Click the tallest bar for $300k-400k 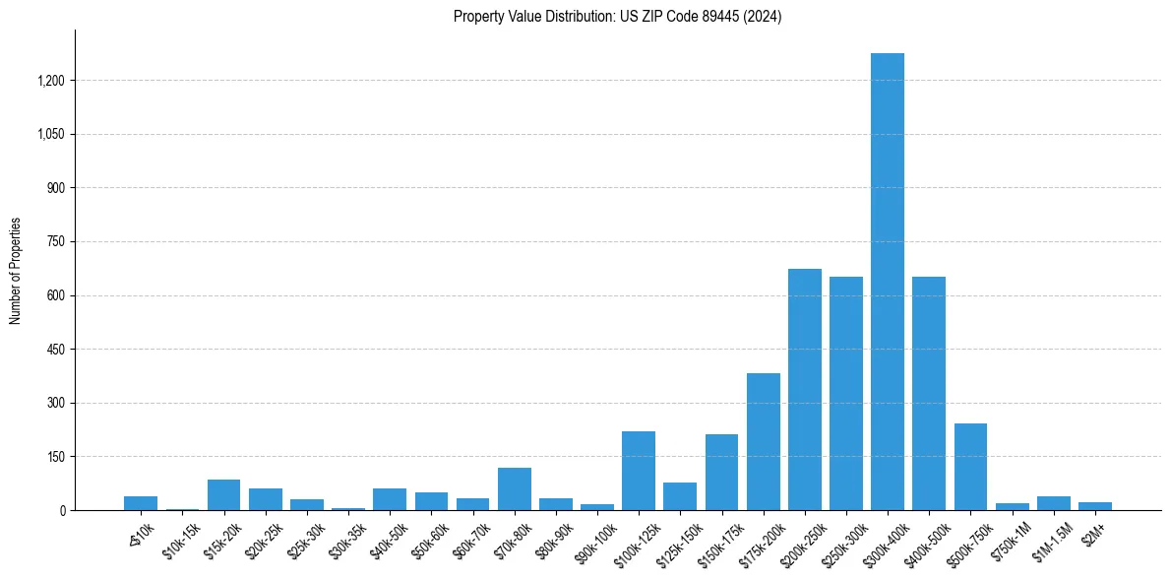pyautogui.click(x=887, y=282)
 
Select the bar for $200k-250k pyautogui.click(x=804, y=389)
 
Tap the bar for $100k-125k pyautogui.click(x=638, y=471)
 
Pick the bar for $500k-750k pyautogui.click(x=970, y=467)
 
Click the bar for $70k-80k pyautogui.click(x=514, y=488)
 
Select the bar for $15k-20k pyautogui.click(x=223, y=494)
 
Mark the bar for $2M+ pyautogui.click(x=1094, y=506)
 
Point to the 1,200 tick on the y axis pyautogui.click(x=50, y=81)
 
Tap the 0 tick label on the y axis pyautogui.click(x=63, y=511)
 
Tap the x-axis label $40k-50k pyautogui.click(x=389, y=537)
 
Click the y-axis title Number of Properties pyautogui.click(x=16, y=271)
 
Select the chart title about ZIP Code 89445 pyautogui.click(x=617, y=17)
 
